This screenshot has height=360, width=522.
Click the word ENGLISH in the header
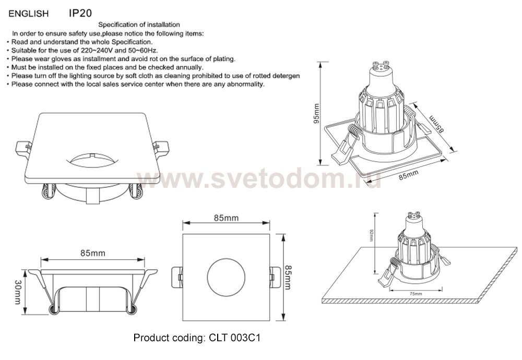coord(29,11)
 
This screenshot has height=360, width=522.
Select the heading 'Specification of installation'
coord(139,25)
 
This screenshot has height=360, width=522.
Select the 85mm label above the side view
coord(92,253)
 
